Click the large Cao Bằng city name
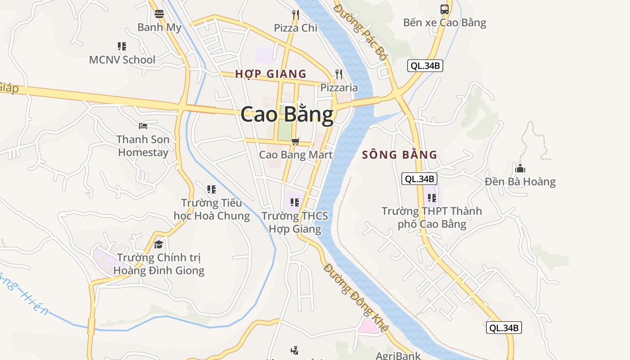287,114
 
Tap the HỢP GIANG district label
270,74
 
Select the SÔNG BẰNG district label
400,155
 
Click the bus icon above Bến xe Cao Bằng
445,9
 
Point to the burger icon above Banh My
159,14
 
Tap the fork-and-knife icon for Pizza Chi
296,14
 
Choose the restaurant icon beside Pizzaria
339,74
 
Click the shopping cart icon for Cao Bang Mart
296,142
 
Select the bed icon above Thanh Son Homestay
143,126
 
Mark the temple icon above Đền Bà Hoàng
520,169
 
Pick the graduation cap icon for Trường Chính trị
158,244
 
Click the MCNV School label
122,59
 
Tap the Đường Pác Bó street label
361,31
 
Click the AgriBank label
398,355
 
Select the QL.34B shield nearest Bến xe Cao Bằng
425,66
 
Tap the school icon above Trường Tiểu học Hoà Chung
211,189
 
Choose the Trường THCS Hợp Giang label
295,222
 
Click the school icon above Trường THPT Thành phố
432,198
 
